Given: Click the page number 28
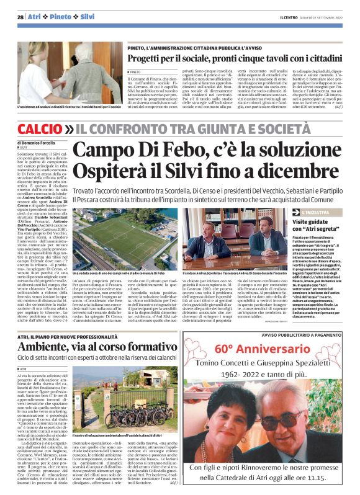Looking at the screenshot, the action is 20,17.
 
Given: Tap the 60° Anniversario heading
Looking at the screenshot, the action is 271,349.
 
